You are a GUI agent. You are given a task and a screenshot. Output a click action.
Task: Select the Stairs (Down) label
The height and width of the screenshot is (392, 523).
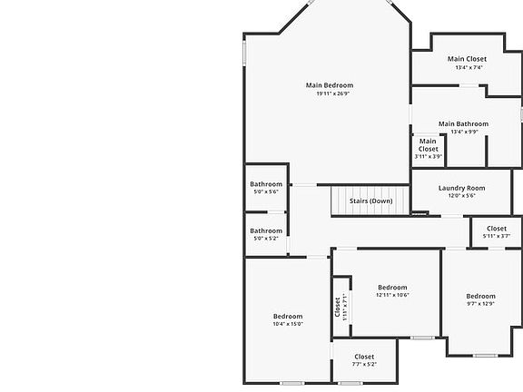[x=370, y=201]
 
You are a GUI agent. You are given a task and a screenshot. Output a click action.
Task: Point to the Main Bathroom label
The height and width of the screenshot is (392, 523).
[x=463, y=123]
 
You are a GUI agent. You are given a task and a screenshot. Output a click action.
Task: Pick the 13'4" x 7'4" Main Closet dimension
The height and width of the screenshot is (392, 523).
[x=469, y=67]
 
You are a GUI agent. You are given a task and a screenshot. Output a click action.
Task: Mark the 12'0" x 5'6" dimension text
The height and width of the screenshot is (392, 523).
[x=461, y=196]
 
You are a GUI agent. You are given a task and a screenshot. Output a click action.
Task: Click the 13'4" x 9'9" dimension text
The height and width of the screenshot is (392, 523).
[x=463, y=132]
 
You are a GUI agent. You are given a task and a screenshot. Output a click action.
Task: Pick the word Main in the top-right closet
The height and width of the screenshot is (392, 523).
[x=456, y=59]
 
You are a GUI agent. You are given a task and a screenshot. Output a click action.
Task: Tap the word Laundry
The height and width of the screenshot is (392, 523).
[x=453, y=188]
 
